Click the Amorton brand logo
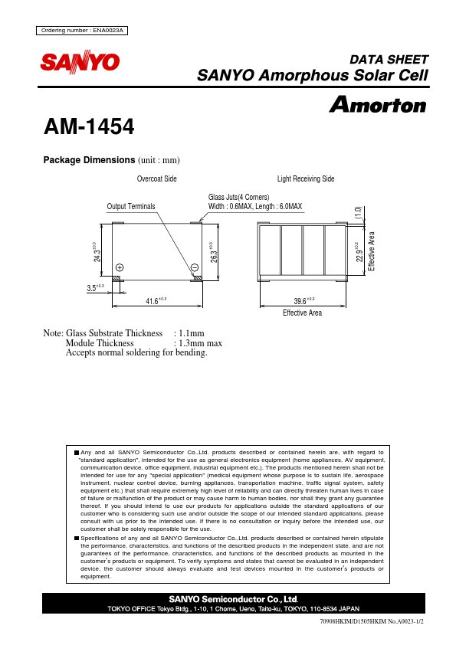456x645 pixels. [x=377, y=105]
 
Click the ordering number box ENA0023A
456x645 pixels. [x=81, y=30]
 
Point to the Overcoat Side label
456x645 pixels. [x=157, y=178]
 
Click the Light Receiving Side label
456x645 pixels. [x=306, y=178]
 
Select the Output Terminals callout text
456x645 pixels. [x=131, y=207]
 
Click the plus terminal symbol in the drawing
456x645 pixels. [x=120, y=267]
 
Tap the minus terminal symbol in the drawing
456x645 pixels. [x=195, y=267]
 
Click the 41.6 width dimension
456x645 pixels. [x=156, y=301]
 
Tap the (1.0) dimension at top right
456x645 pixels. [x=357, y=214]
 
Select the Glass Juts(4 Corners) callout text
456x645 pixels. [x=238, y=198]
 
